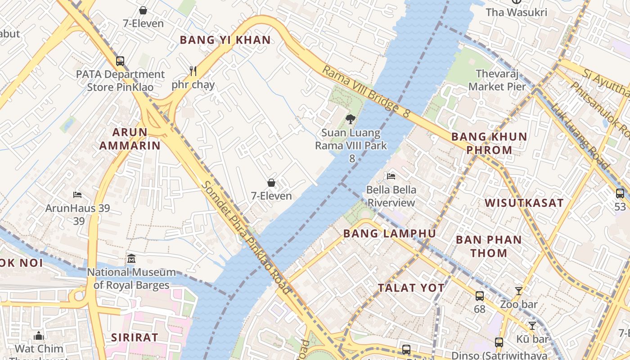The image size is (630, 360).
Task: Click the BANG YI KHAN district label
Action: [x=225, y=40]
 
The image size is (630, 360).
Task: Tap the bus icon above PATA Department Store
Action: [x=120, y=61]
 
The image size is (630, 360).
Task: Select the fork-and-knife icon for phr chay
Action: [x=193, y=71]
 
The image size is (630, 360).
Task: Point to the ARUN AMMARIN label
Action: [x=130, y=139]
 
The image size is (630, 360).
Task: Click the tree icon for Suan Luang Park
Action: [x=351, y=119]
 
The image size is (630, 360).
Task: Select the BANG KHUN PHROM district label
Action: [x=489, y=143]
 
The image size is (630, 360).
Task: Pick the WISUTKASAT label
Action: [x=524, y=203]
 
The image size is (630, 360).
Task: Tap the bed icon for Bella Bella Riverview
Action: [x=391, y=176]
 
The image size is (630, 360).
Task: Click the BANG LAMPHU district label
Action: [x=390, y=234]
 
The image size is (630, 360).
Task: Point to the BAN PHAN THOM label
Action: [x=489, y=246]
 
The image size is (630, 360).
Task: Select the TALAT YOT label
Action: [x=411, y=288]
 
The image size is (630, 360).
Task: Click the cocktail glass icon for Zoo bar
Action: [x=519, y=291]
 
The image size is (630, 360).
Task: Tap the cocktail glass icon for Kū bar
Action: [x=532, y=325]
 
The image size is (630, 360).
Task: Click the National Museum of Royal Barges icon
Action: [x=131, y=259]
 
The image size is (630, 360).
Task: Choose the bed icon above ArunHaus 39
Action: [x=77, y=195]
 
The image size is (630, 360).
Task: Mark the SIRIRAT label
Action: [x=135, y=337]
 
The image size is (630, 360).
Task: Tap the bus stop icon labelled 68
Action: [x=480, y=296]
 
